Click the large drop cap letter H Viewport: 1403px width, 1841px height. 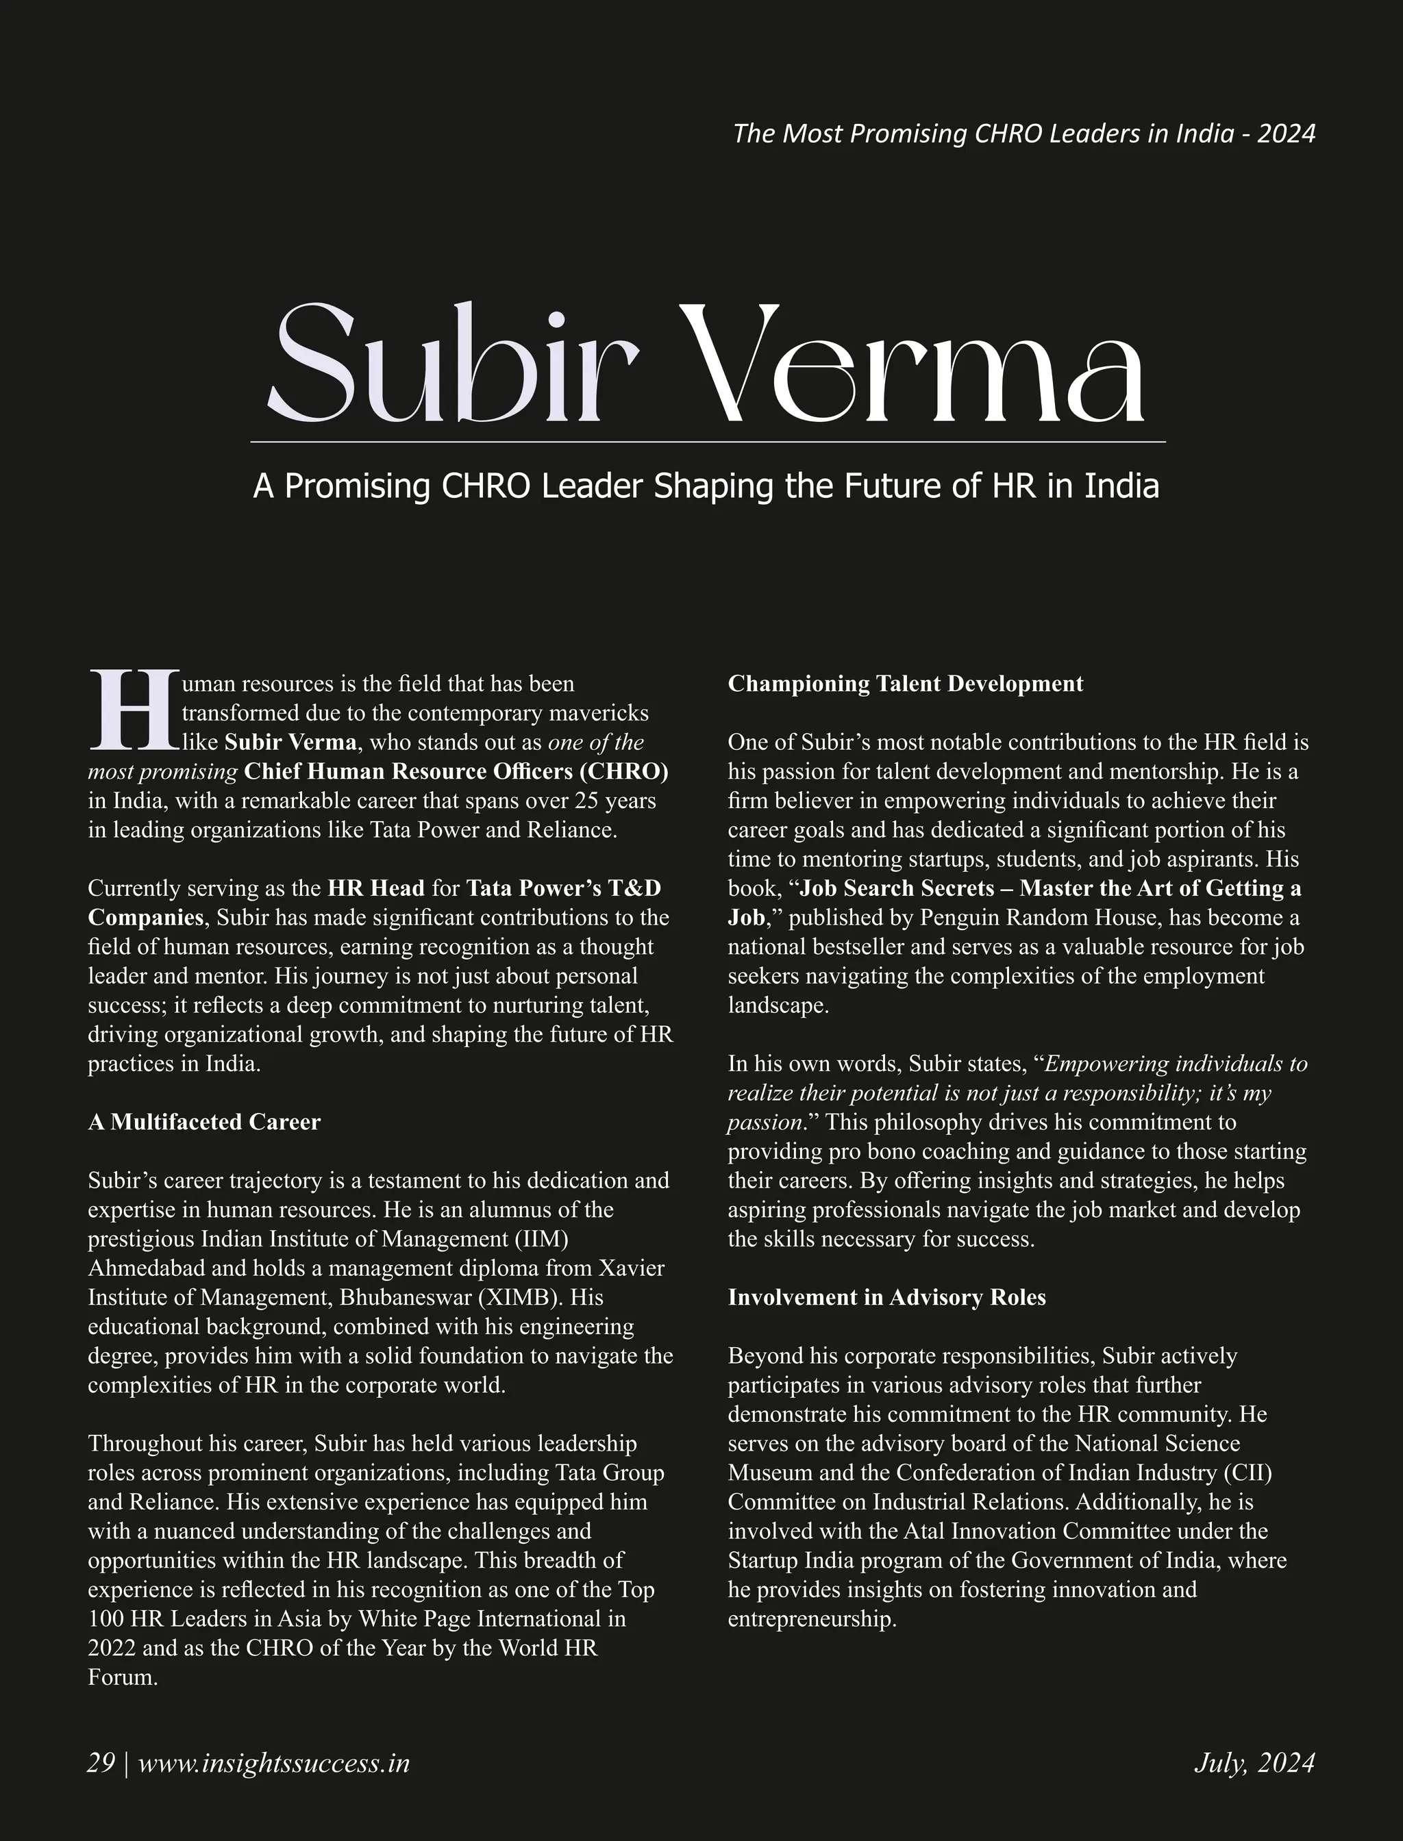coord(133,709)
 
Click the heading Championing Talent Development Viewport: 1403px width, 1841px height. coord(905,684)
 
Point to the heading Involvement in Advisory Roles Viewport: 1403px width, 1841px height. coord(886,1297)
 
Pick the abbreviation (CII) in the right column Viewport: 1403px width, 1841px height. coord(1247,1473)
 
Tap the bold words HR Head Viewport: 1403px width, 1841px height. coord(376,888)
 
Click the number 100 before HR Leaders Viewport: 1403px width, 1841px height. coord(106,1619)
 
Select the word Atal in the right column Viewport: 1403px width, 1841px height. coord(923,1531)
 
